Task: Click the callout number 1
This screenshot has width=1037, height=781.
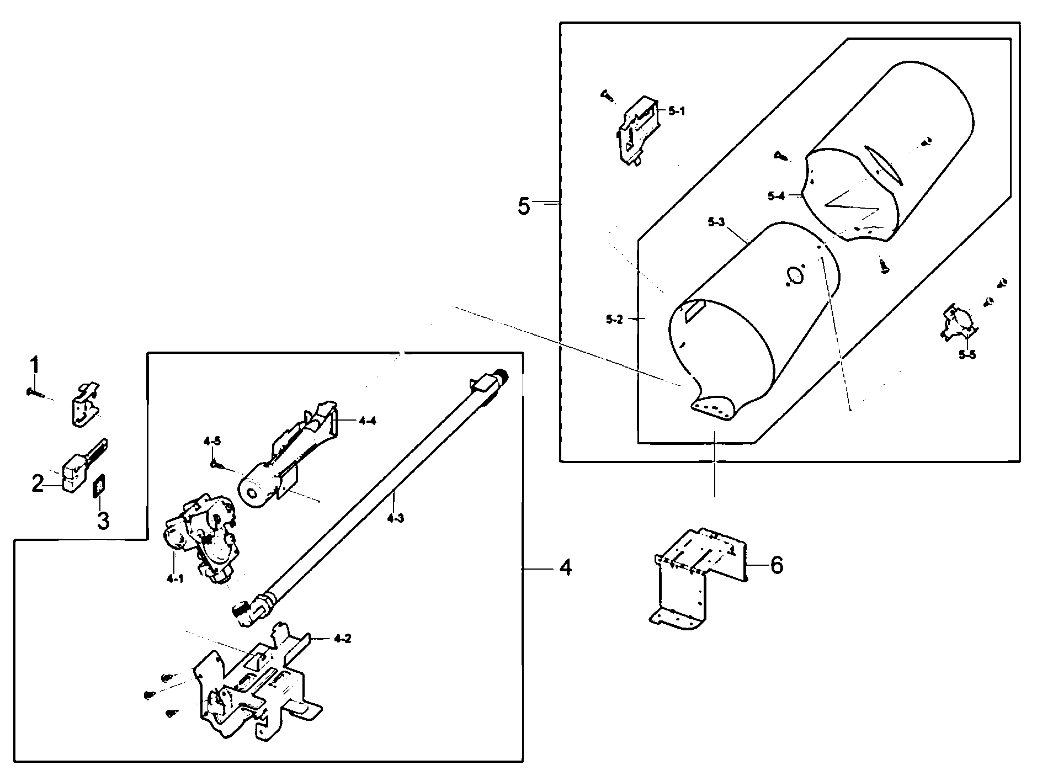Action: click(34, 365)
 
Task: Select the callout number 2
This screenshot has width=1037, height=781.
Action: click(38, 485)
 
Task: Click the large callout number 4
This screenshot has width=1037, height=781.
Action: click(565, 568)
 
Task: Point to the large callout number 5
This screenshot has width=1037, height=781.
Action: click(524, 206)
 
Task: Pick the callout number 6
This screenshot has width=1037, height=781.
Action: click(777, 565)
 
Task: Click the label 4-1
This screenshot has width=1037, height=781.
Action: click(174, 578)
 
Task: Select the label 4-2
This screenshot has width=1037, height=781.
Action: click(342, 639)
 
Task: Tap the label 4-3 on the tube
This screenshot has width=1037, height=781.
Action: click(395, 518)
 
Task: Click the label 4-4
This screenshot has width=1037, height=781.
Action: click(368, 421)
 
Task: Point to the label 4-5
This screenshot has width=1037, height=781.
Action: click(212, 441)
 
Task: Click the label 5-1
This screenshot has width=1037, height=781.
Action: click(676, 111)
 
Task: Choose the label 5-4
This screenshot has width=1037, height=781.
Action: click(775, 195)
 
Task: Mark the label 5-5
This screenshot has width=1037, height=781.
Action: click(967, 354)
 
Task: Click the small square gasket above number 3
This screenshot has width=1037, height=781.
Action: click(99, 487)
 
